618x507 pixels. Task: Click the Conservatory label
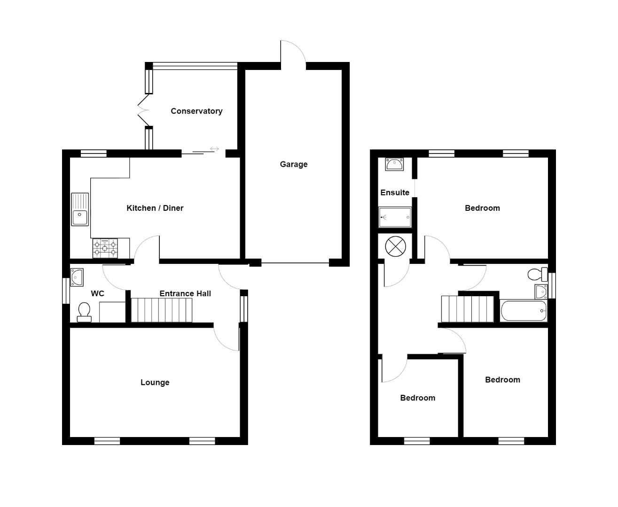click(196, 111)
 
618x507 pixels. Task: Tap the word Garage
click(293, 164)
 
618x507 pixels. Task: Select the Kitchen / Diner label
click(155, 208)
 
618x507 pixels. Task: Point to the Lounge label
click(155, 383)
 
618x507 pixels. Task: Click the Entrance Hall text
click(185, 294)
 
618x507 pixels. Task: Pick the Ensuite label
click(394, 192)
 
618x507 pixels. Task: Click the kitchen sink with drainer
click(80, 209)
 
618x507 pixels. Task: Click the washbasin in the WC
click(77, 277)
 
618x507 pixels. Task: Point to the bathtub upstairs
click(524, 311)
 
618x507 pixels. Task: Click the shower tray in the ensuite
click(395, 217)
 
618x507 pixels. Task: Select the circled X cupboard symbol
click(395, 247)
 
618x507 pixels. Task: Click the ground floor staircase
click(161, 310)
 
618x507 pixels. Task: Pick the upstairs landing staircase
click(468, 309)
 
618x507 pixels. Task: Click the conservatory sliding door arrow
click(214, 149)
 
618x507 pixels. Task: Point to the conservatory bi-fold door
click(143, 111)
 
